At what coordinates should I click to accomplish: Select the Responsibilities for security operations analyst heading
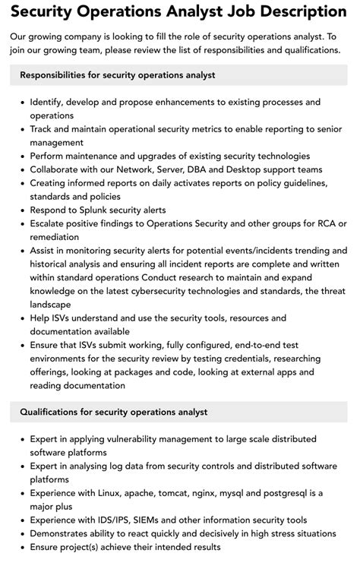tap(118, 75)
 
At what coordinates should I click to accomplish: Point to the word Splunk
tap(101, 210)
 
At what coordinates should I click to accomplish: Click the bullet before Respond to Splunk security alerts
tap(21, 210)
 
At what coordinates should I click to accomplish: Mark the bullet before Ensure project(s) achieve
tap(21, 547)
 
